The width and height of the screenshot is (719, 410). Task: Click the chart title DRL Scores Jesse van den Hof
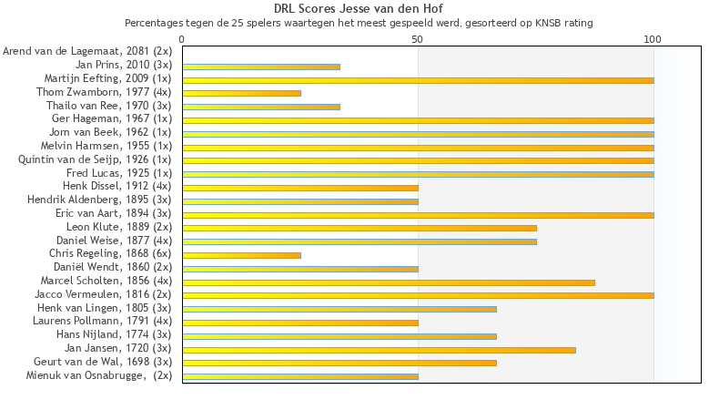pos(359,9)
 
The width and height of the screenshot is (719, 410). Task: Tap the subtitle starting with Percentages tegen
pos(359,23)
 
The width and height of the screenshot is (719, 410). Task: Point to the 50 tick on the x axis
pos(418,39)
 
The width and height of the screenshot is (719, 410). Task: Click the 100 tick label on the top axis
pos(653,39)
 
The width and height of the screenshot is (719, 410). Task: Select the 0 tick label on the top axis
pos(182,39)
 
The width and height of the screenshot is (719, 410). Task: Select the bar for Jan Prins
pos(261,67)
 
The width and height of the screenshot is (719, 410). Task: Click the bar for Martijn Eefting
pos(418,80)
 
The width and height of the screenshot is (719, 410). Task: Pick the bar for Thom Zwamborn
pos(241,93)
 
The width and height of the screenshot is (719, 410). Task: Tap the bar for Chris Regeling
pos(241,254)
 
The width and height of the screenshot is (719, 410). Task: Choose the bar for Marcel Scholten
pos(389,282)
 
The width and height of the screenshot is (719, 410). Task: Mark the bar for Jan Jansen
pos(379,349)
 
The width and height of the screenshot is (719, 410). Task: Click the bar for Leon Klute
pos(359,228)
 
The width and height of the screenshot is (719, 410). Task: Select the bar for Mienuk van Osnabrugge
pos(300,375)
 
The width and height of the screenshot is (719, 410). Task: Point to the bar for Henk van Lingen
pos(339,309)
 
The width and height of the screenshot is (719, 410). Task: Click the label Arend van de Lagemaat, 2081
pos(87,52)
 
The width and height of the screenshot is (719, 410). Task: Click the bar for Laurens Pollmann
pos(300,322)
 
